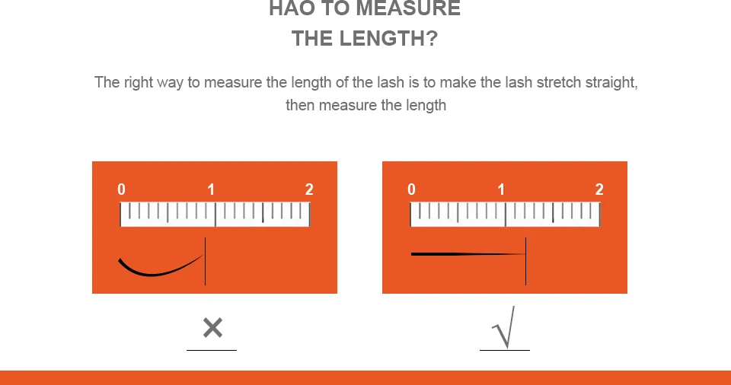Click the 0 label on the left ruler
[x=121, y=189]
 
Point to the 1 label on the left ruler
[x=211, y=189]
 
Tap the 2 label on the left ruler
[x=309, y=189]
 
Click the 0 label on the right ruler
[x=411, y=189]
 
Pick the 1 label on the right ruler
[x=501, y=189]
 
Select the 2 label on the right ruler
[x=599, y=189]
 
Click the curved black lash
[x=154, y=275]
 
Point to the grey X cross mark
[x=212, y=328]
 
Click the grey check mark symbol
[x=504, y=327]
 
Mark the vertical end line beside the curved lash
[x=205, y=261]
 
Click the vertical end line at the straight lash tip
[x=526, y=261]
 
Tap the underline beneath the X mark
[x=212, y=349]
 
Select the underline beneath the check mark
[x=505, y=349]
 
